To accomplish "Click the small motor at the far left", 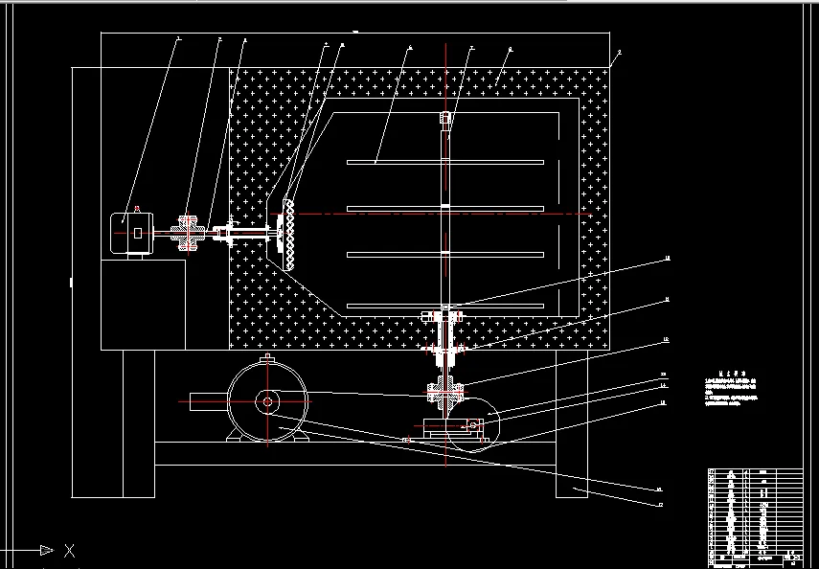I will pyautogui.click(x=131, y=232).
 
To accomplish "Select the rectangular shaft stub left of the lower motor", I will pyautogui.click(x=207, y=402).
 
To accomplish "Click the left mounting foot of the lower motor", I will pyautogui.click(x=236, y=437).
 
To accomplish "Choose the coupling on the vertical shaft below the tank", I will pyautogui.click(x=446, y=390).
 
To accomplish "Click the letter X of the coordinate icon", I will pyautogui.click(x=68, y=551).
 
